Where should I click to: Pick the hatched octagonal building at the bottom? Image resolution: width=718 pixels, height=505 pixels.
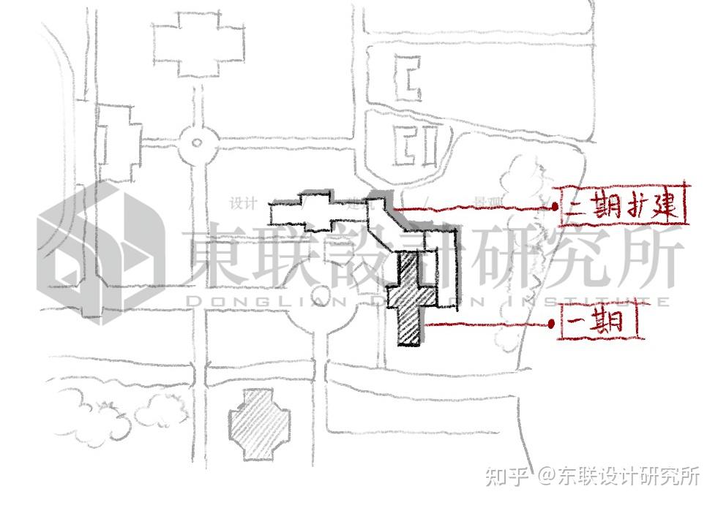point(258,424)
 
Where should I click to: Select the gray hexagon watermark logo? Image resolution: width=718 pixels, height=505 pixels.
point(99,248)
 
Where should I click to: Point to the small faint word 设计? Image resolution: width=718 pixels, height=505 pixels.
point(242,202)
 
